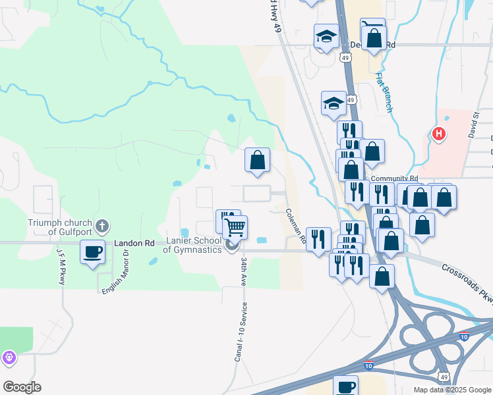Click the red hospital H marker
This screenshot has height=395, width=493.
pos(438,135)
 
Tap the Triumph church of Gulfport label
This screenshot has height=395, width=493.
pos(60,227)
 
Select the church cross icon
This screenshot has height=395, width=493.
pos(101,227)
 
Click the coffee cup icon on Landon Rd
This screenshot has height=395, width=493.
pos(92,251)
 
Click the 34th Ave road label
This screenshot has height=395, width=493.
pos(244,272)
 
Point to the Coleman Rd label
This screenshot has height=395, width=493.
pos(295,226)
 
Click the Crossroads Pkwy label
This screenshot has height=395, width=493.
pos(467,280)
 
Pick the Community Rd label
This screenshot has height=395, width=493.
pos(394,178)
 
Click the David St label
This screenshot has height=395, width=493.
pos(474,124)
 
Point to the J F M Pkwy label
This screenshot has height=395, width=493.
pos(61,267)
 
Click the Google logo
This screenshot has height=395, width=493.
pos(22,386)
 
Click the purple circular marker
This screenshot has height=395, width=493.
pos(9,357)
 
